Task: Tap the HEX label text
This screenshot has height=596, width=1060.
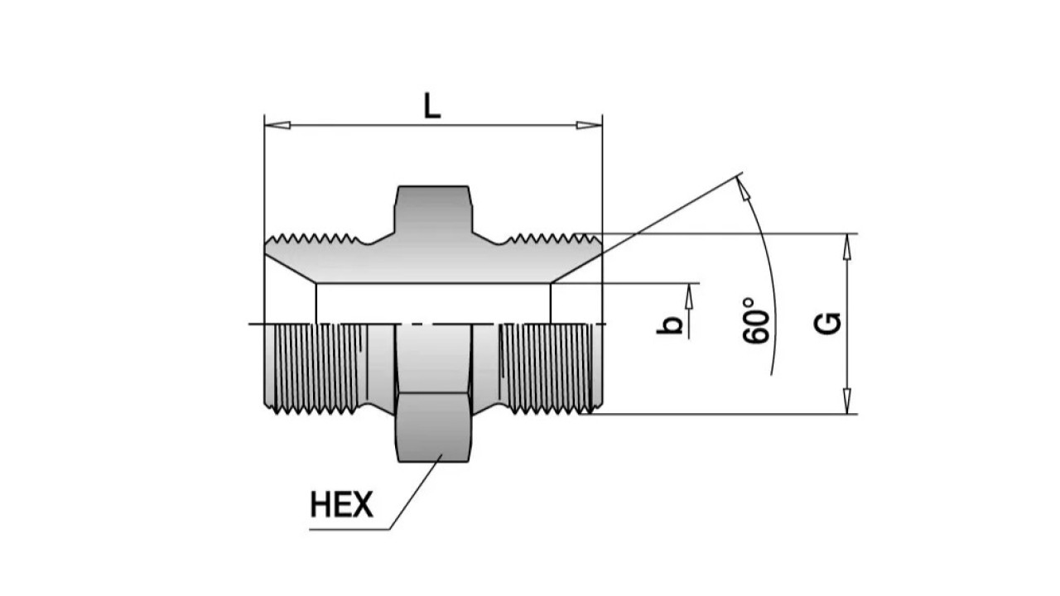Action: point(341,504)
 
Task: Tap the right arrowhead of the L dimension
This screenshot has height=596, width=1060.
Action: point(589,126)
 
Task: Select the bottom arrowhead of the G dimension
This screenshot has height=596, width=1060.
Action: point(847,403)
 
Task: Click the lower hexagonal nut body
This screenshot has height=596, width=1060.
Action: point(434,426)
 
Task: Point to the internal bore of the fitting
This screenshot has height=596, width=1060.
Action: point(434,303)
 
